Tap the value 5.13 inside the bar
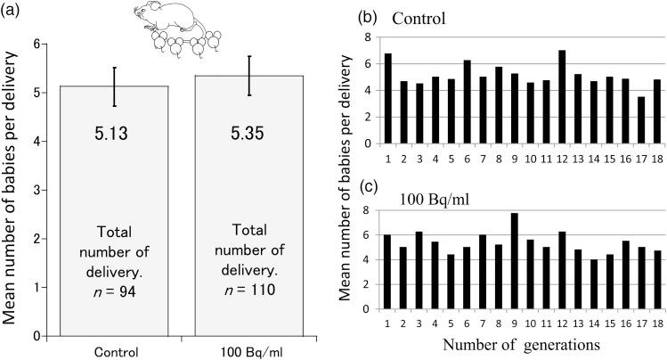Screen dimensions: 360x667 (x=113, y=134)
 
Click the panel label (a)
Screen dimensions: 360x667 (x=12, y=10)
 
